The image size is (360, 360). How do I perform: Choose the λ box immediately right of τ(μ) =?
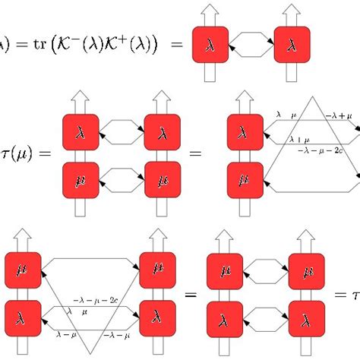point(81,134)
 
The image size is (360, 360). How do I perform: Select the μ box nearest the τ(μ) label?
point(81,182)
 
